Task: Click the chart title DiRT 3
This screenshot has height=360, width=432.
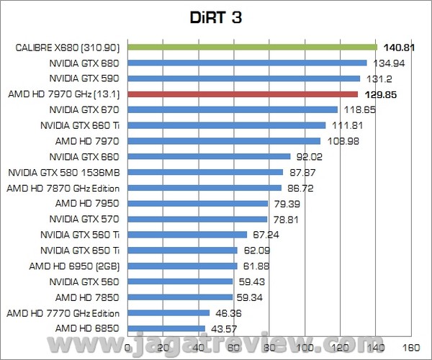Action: tap(215, 18)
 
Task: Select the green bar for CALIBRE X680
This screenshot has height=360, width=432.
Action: tap(252, 47)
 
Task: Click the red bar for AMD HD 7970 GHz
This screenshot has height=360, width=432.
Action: tap(243, 94)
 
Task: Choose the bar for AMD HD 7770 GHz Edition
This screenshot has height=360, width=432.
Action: tap(168, 313)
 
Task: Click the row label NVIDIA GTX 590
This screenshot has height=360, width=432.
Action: tap(89, 78)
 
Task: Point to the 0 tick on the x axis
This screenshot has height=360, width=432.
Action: tap(128, 347)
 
